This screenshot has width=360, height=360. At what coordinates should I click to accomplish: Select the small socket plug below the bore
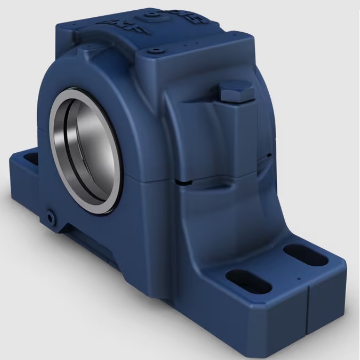(50, 217)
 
